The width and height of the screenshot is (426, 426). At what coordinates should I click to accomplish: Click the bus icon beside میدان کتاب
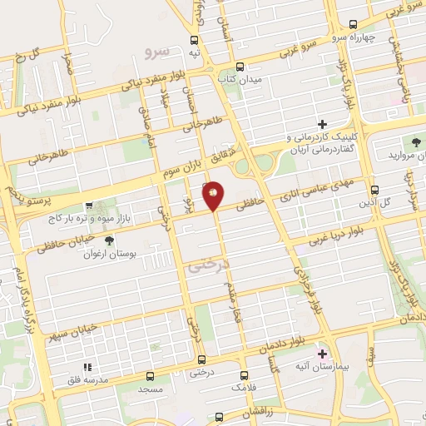pos(240,66)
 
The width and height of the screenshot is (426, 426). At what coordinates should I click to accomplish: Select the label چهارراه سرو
pos(370,37)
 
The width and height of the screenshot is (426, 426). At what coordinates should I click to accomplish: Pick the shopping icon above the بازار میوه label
pos(90,206)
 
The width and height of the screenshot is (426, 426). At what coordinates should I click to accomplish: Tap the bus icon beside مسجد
pos(150,376)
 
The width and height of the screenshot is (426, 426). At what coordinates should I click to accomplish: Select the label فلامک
pos(244,388)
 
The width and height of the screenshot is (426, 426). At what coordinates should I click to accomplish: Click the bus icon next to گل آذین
pos(374,191)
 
